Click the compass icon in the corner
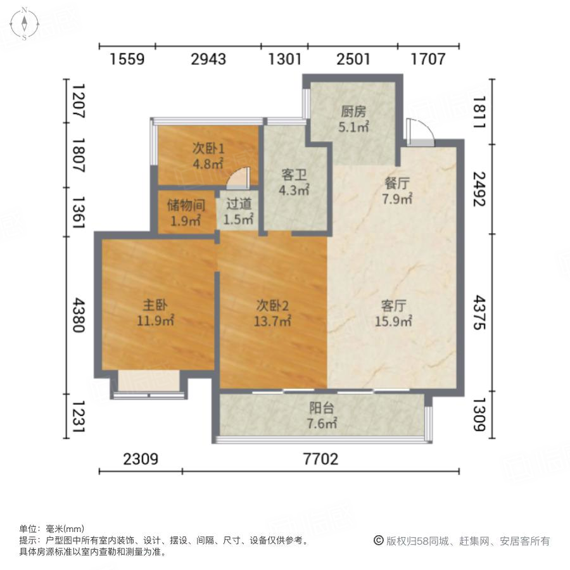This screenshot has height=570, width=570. coord(24,24)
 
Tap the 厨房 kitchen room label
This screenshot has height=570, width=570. coord(353,112)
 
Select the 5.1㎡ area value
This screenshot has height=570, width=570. coord(353,127)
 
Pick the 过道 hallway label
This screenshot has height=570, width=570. coord(238,205)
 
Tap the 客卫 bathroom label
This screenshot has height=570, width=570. coord(294,174)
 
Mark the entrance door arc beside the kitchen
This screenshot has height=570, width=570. coord(420,130)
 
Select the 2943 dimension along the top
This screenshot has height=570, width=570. coord(208,60)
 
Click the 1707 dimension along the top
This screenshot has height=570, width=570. coord(428,60)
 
